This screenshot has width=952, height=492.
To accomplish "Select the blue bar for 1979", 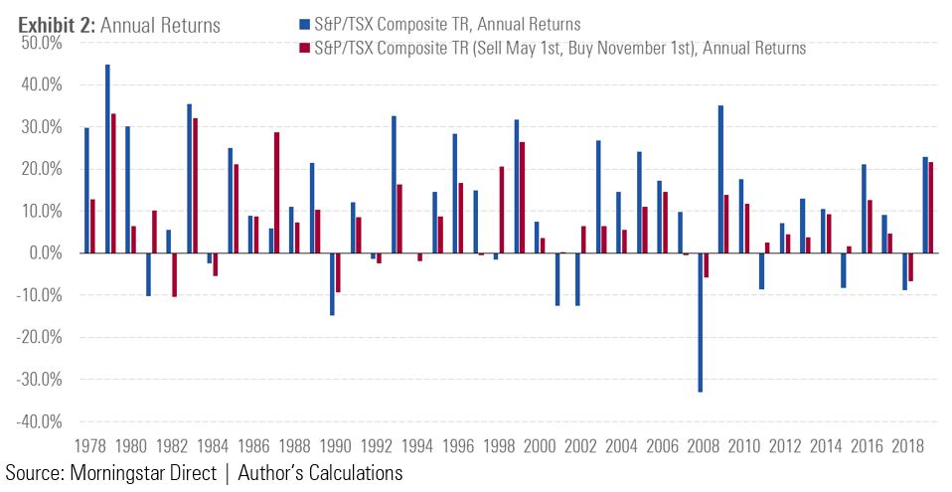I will tap(107, 159).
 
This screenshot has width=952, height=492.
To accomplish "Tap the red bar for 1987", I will tap(277, 193).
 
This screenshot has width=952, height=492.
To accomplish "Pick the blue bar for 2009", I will tap(720, 179).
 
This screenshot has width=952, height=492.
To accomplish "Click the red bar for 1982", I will tap(175, 274).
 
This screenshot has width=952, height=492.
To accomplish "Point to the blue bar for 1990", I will tap(332, 284).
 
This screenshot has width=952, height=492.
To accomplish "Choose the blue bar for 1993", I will tap(394, 185).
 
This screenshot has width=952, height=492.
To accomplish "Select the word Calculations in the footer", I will tap(351, 473).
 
